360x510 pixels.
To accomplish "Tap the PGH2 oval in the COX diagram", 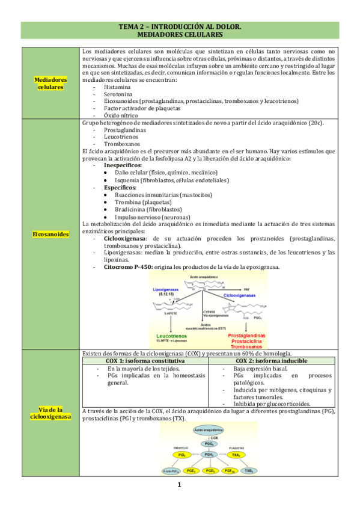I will pos(206,455).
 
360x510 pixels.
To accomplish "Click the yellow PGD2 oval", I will pos(210,471).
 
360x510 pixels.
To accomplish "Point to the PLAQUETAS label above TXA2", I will pos(236,448).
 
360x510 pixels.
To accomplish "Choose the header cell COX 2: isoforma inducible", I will pos(272,361).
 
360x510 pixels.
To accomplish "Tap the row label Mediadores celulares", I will pos(50,83).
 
